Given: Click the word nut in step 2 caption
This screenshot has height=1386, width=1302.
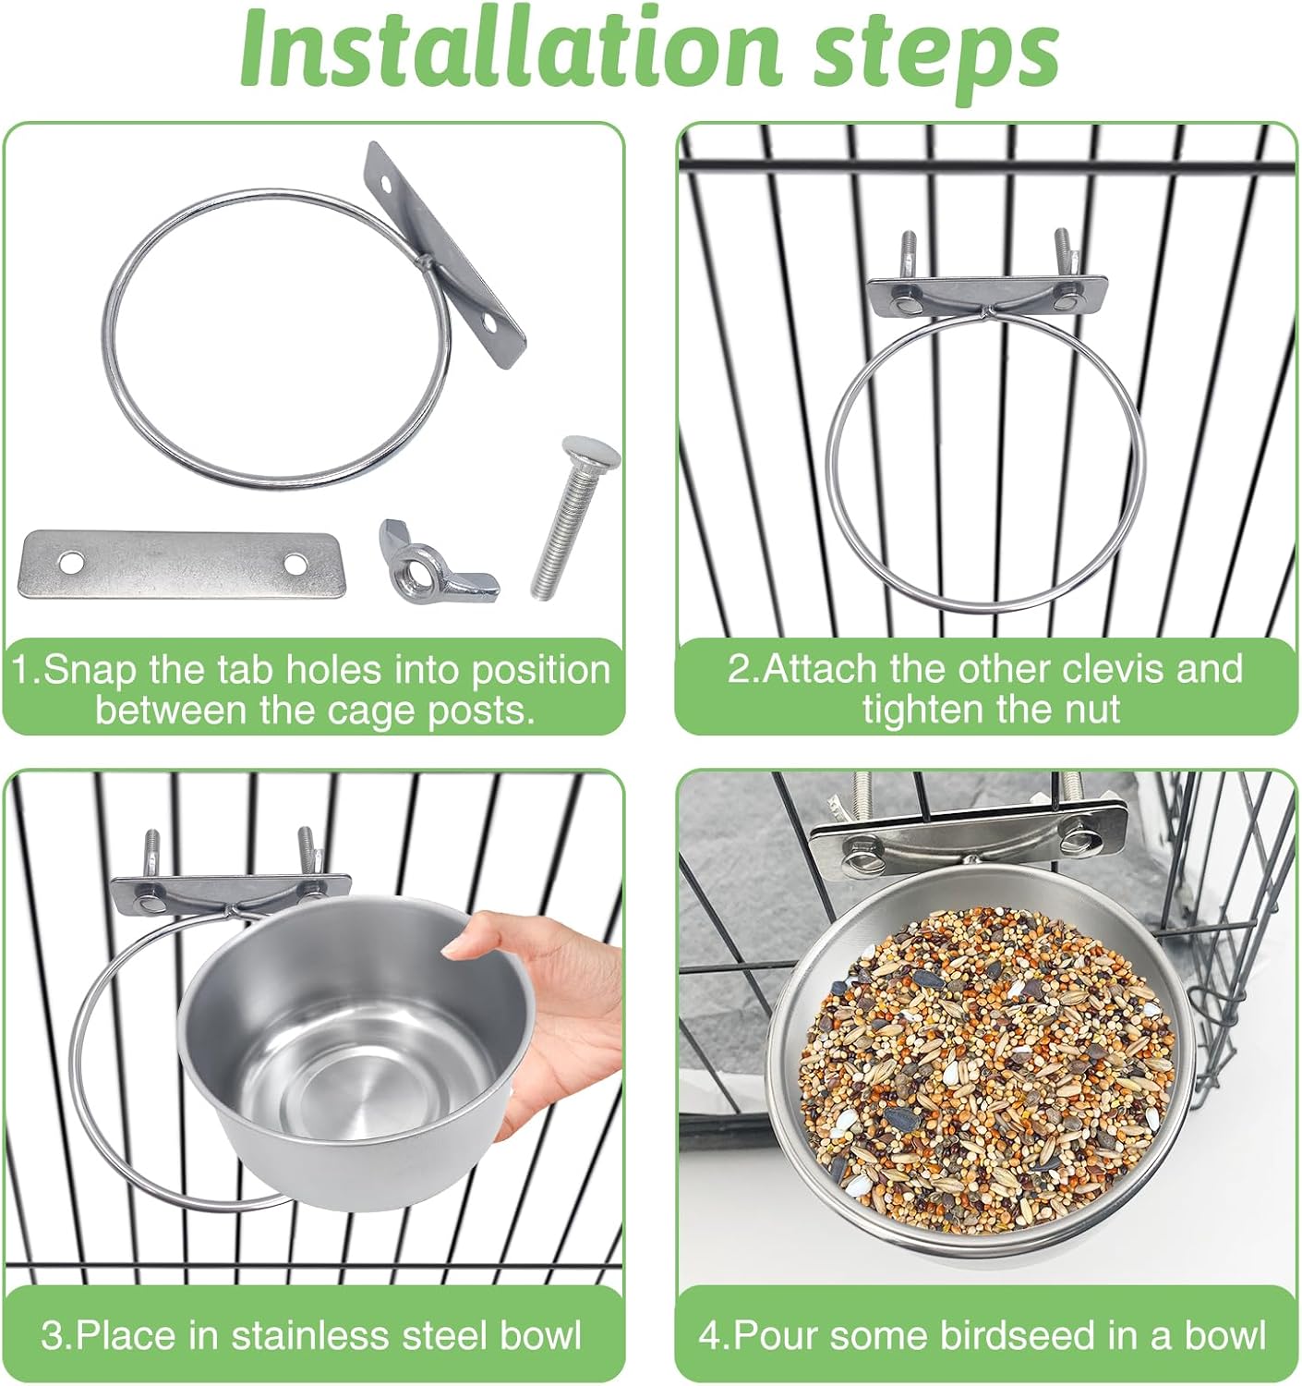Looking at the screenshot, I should click(1091, 710).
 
